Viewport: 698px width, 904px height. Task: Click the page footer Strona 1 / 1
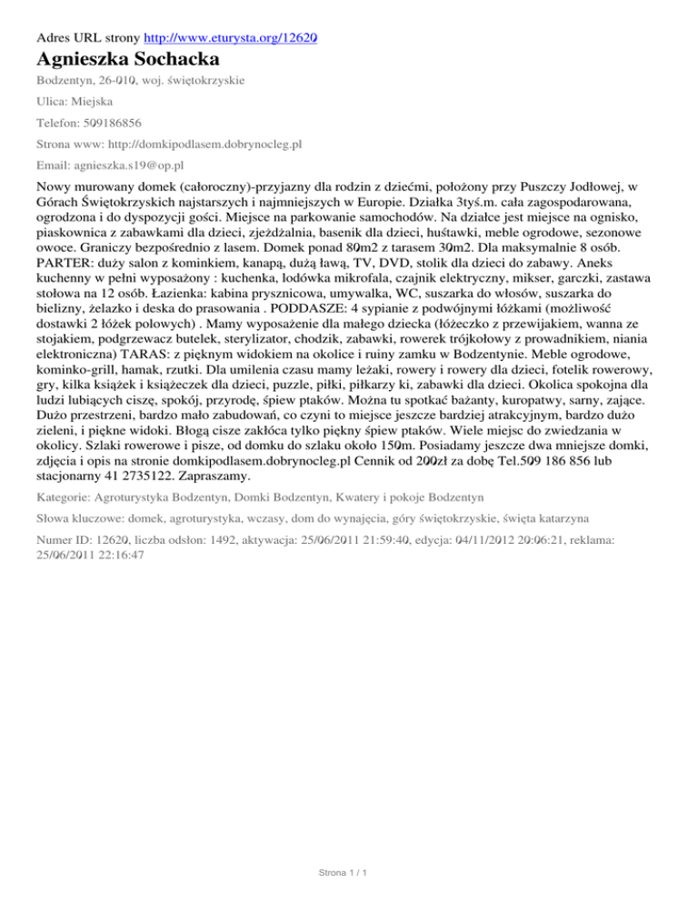348,874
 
